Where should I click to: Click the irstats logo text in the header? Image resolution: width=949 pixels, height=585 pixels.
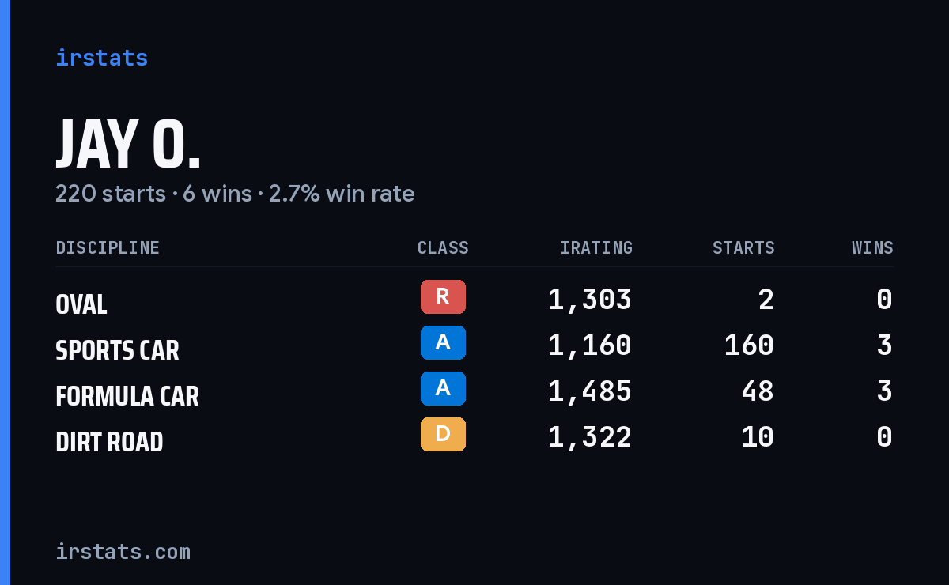[102, 58]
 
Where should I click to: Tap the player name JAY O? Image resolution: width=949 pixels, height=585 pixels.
[127, 145]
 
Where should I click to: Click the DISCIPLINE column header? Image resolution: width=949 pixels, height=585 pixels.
[108, 247]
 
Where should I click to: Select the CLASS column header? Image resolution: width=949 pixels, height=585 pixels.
[443, 247]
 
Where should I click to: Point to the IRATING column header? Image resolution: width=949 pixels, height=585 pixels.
[596, 247]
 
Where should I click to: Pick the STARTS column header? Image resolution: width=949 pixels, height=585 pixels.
[743, 247]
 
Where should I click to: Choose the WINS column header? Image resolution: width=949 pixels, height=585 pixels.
[873, 247]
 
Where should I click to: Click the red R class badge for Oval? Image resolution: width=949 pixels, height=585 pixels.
[443, 296]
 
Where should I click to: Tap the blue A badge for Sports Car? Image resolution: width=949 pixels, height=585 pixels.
[443, 342]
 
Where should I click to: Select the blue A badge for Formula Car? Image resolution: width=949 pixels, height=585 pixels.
[443, 388]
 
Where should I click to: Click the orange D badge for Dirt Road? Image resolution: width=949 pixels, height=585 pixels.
[443, 434]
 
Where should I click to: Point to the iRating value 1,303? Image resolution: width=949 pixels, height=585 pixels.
[590, 300]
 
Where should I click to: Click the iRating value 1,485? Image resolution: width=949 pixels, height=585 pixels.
[590, 391]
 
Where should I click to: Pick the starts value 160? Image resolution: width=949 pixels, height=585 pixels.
[749, 345]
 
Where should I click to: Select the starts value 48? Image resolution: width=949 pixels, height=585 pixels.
[758, 391]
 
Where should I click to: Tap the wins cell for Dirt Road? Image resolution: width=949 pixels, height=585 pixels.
[884, 437]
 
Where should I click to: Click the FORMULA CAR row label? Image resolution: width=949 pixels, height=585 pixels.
[127, 397]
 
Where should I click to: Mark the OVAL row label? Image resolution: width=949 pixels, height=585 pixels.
[81, 304]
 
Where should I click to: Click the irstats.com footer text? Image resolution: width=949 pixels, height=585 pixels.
[123, 552]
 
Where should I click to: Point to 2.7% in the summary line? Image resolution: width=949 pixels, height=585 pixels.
[294, 194]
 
